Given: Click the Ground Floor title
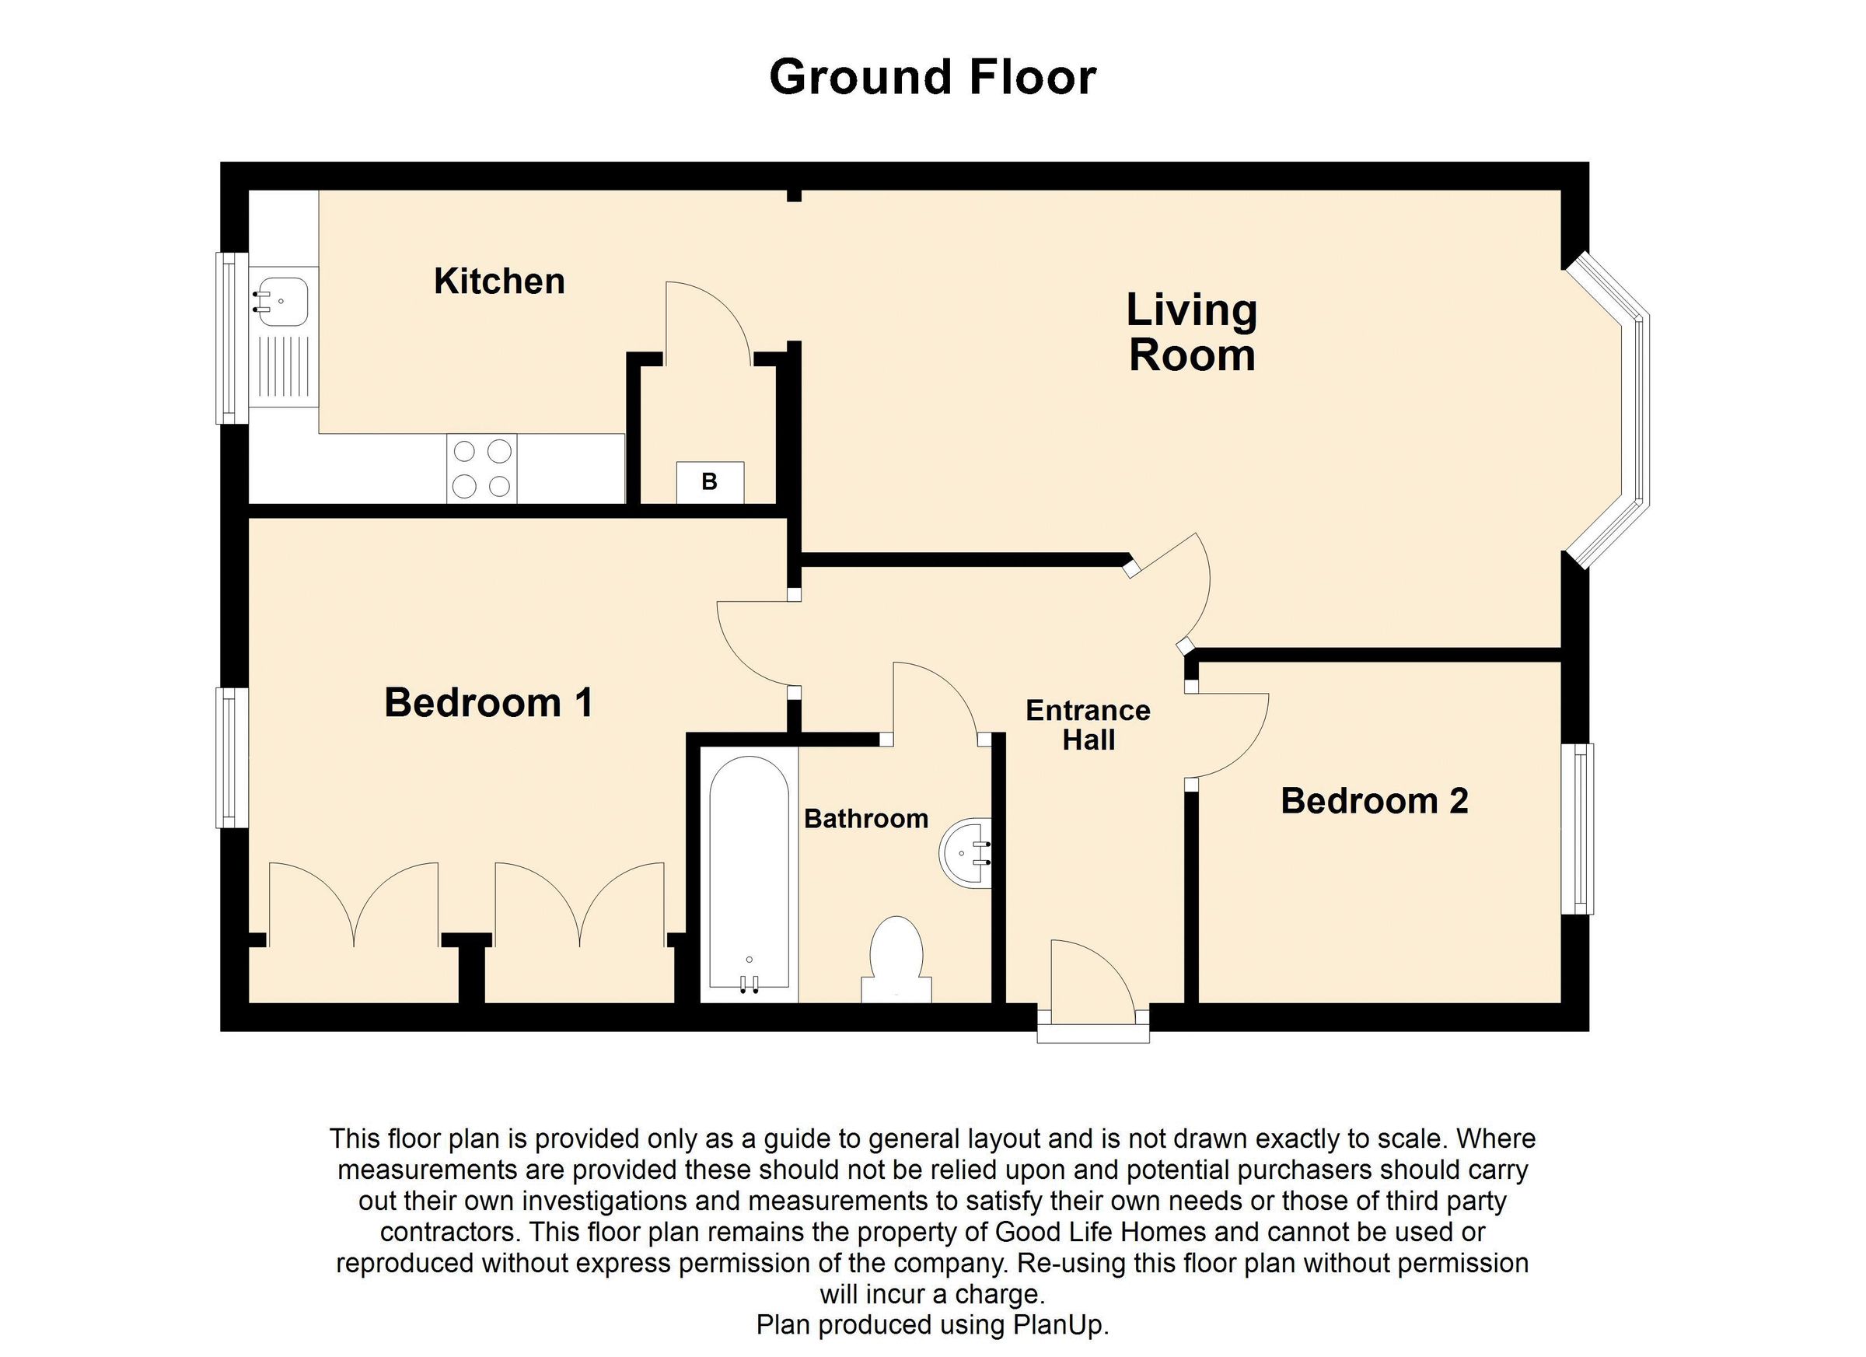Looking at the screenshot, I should [932, 77].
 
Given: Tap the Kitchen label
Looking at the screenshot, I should [499, 282].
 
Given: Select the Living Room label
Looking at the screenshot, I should [1191, 334].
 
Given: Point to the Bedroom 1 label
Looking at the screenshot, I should [488, 703].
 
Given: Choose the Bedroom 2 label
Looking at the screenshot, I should [1374, 801].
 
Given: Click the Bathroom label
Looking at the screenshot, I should [865, 819].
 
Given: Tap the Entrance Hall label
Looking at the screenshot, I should [1088, 725].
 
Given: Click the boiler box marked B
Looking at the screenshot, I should [710, 482].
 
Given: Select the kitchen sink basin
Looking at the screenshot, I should [281, 301].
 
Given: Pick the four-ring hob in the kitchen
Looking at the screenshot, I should [482, 469].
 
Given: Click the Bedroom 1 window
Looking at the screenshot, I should [232, 757].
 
